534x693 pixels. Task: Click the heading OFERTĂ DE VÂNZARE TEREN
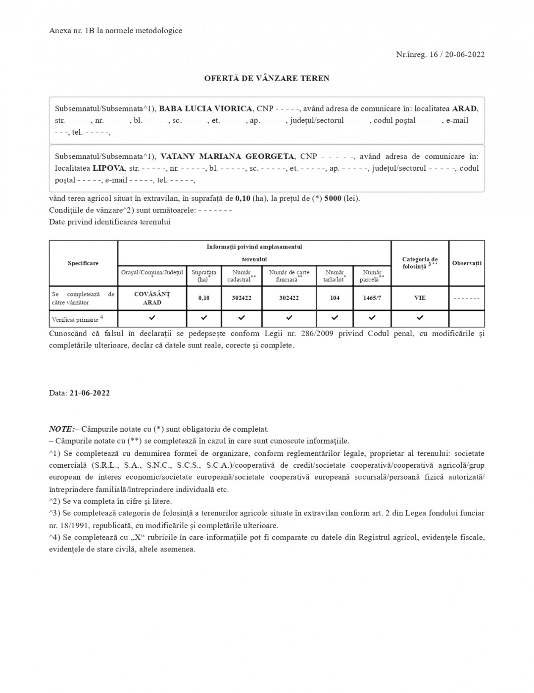click(x=267, y=78)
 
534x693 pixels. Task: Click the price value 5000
click(x=333, y=198)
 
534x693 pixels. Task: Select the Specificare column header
click(x=83, y=263)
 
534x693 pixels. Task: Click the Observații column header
click(x=466, y=263)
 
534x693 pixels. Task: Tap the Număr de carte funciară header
click(x=289, y=276)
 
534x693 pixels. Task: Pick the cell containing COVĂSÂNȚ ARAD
click(x=152, y=298)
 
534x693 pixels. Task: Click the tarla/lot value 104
click(x=335, y=298)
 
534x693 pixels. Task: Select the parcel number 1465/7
click(x=372, y=298)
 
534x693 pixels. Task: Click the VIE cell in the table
click(x=420, y=298)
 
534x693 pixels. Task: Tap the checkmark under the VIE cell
click(x=420, y=317)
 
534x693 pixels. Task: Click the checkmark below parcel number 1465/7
click(x=372, y=317)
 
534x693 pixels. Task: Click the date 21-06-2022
click(x=90, y=393)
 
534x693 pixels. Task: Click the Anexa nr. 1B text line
click(x=115, y=31)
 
